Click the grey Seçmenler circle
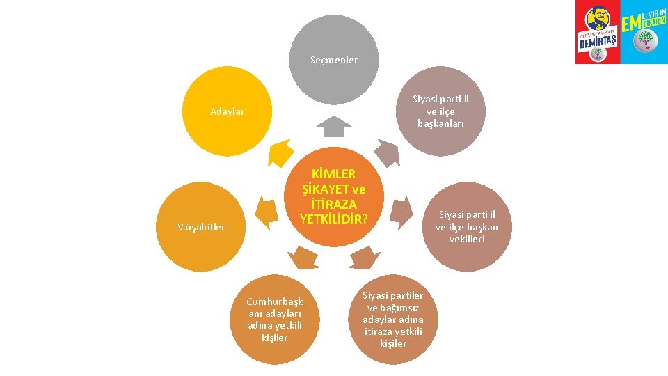coord(334,60)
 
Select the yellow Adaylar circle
coord(227,111)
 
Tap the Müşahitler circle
coord(200,227)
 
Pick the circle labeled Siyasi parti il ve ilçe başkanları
coord(440,111)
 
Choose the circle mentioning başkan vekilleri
coord(467,227)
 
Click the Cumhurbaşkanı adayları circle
coord(275,320)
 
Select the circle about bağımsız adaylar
coord(392,320)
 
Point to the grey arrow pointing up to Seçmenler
coord(334,126)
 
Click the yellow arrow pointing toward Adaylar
coord(280,153)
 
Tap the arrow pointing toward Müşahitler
coord(267,212)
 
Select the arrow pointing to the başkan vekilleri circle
coord(401,212)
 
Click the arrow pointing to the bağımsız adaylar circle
coord(364,258)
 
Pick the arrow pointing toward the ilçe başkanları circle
coord(388,153)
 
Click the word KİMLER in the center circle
coord(333,174)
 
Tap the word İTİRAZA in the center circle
coord(333,204)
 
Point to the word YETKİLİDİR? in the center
coord(333,219)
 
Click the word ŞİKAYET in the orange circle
coord(325,189)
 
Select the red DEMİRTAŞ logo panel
coord(598,32)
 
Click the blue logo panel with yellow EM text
coord(644,32)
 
